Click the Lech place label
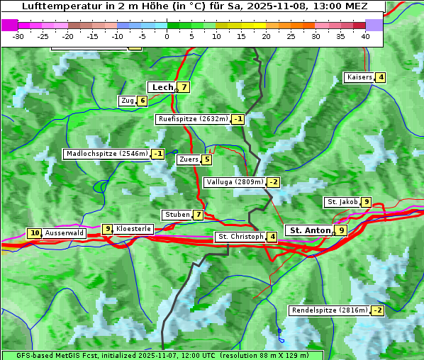click(x=162, y=87)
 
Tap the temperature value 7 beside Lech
click(x=184, y=87)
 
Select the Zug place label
click(x=127, y=101)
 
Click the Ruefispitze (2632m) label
click(x=193, y=119)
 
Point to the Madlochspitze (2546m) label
click(x=106, y=154)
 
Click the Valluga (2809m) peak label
click(x=233, y=182)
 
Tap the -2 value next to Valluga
click(x=273, y=182)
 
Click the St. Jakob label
click(x=342, y=202)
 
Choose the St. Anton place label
click(x=310, y=230)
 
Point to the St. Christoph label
click(x=240, y=237)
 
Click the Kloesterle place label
click(x=133, y=229)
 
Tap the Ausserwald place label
click(x=65, y=232)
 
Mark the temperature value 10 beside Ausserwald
click(x=34, y=232)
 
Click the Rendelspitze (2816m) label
click(x=330, y=310)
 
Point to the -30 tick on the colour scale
click(x=18, y=36)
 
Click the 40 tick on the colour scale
click(x=365, y=36)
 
